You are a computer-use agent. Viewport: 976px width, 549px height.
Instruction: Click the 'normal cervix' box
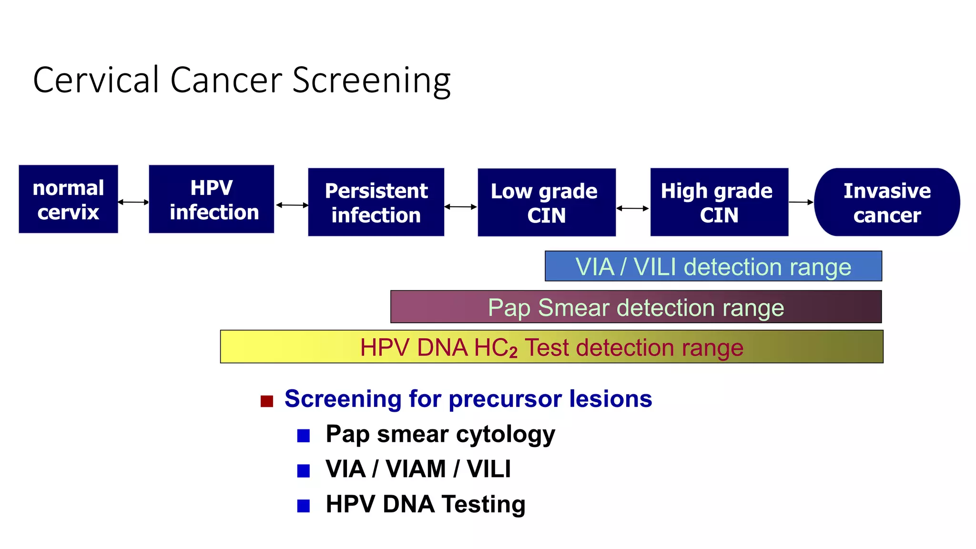(x=68, y=199)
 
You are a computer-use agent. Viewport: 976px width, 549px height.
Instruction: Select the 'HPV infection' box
(x=212, y=199)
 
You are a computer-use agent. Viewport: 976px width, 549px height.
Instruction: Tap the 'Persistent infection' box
(x=376, y=202)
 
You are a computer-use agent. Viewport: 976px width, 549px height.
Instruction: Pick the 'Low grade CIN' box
(x=547, y=202)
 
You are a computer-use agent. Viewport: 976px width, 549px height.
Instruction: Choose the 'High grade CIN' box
(x=719, y=202)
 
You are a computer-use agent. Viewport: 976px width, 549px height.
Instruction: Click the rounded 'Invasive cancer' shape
(x=887, y=202)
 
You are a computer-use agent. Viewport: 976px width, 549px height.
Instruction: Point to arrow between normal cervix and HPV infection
(x=133, y=202)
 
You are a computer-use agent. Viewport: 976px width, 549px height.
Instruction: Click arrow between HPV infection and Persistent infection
(x=292, y=205)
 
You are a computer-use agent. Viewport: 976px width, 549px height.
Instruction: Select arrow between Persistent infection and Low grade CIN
(x=460, y=207)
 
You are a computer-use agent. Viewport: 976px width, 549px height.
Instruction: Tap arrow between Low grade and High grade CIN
(x=632, y=208)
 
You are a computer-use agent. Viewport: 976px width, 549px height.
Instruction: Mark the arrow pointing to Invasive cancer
(x=801, y=202)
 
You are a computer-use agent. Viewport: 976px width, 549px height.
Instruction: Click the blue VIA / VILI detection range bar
(x=713, y=266)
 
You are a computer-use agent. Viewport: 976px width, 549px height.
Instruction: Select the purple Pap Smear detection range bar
(x=636, y=307)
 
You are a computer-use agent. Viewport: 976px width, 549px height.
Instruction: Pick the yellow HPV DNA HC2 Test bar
(x=551, y=347)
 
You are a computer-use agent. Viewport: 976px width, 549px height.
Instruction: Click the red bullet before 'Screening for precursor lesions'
(x=267, y=401)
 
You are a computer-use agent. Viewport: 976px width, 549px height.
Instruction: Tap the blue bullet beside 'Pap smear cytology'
(x=304, y=436)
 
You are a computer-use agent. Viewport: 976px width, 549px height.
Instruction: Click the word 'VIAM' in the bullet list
(x=416, y=469)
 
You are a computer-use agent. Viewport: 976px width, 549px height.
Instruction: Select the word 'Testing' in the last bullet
(x=483, y=504)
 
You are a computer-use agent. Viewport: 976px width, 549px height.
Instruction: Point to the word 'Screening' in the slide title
(x=371, y=80)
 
